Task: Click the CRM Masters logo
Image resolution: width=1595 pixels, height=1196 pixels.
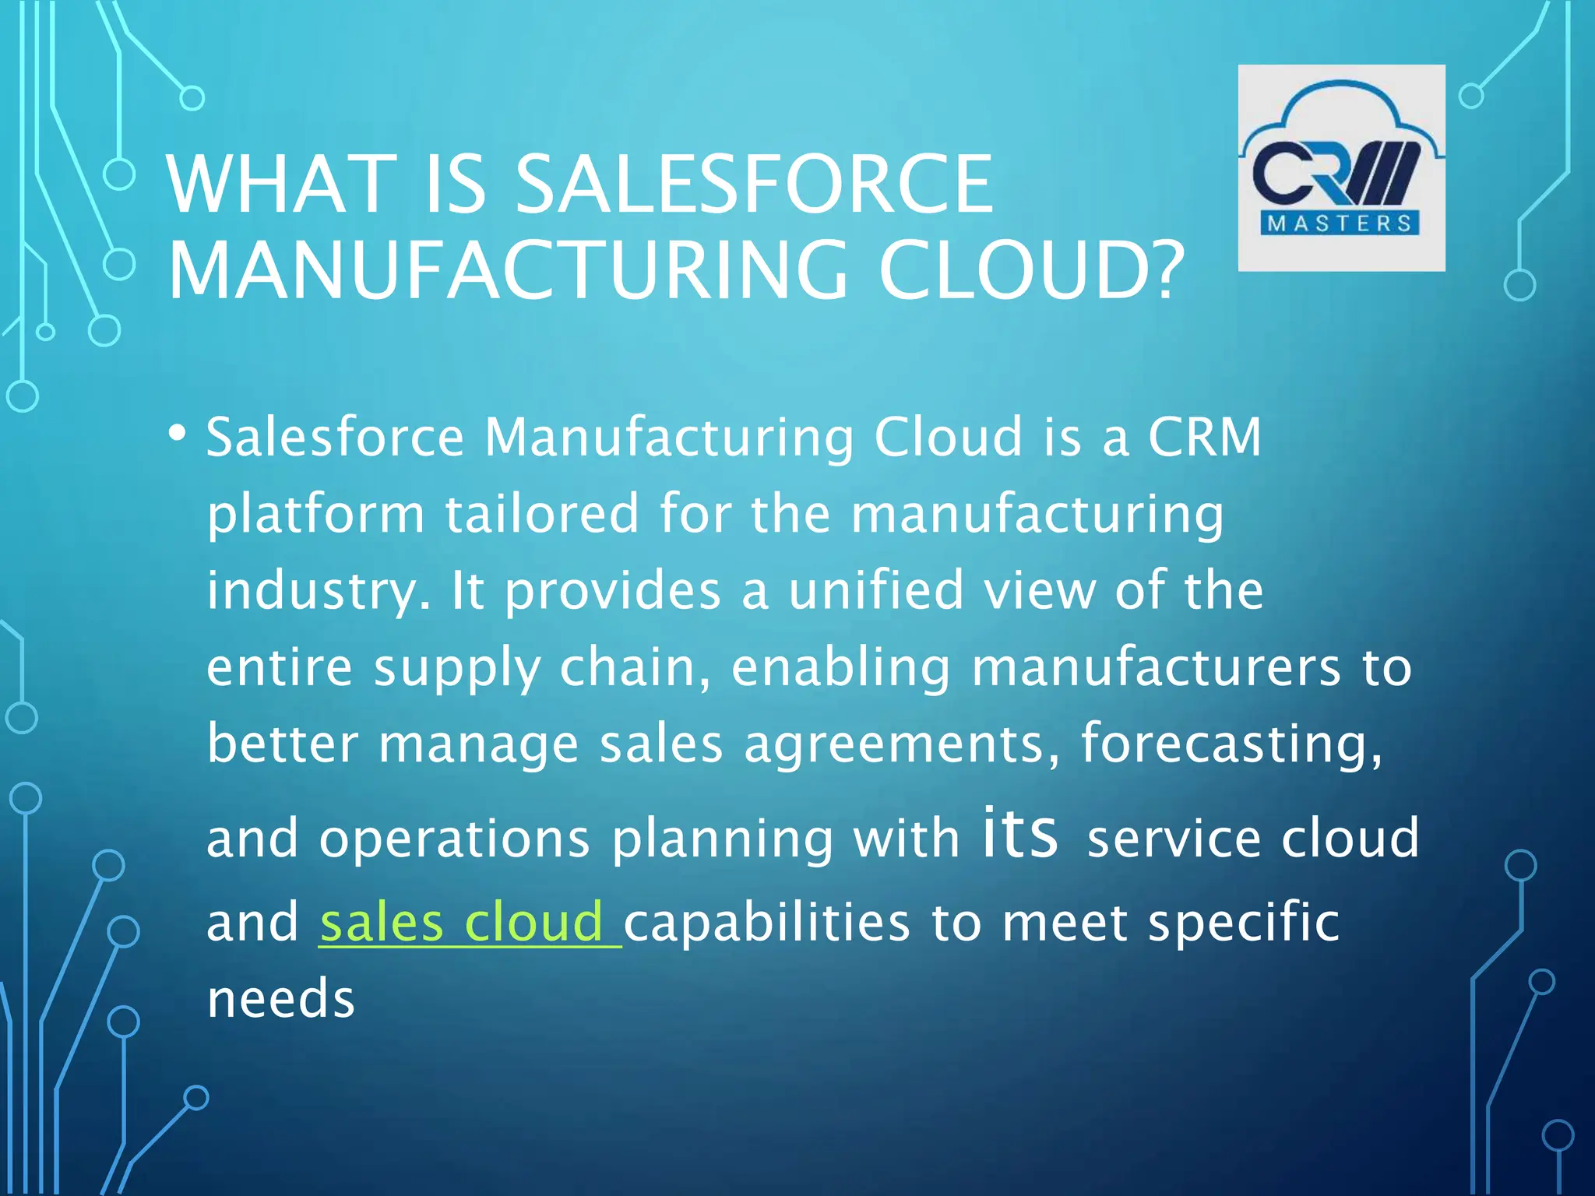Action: tap(1341, 167)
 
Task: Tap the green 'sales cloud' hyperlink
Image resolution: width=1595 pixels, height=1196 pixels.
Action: tap(469, 923)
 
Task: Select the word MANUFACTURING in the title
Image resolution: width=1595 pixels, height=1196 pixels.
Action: tap(508, 270)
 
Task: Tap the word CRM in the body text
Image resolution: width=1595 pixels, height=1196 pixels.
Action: tap(1204, 437)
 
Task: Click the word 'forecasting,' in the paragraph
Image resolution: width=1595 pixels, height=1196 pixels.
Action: tap(1231, 744)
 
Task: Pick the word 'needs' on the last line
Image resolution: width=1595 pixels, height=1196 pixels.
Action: tap(281, 999)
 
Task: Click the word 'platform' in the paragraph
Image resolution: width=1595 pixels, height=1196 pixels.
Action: tap(315, 515)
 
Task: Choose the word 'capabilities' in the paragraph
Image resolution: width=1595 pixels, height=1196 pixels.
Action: tap(767, 923)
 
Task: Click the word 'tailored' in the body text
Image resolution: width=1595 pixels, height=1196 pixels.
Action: tap(542, 514)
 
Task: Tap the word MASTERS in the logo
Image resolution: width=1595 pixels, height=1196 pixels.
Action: tap(1340, 223)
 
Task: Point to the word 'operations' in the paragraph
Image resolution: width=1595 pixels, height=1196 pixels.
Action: tap(455, 839)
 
